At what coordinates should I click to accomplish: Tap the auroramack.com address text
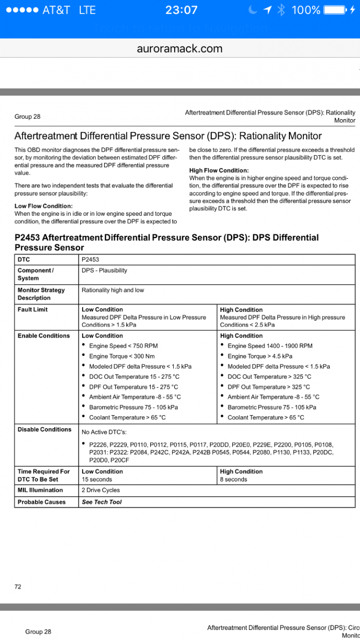point(180,49)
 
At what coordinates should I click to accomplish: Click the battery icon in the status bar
point(334,10)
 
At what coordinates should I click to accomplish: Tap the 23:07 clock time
point(181,10)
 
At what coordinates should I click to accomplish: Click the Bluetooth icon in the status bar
point(281,10)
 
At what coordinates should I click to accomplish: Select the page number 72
point(18,586)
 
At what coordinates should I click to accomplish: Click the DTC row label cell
point(24,259)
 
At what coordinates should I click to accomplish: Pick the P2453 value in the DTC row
point(91,259)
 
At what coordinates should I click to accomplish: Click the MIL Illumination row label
point(40,490)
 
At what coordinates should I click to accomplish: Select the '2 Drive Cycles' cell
point(101,490)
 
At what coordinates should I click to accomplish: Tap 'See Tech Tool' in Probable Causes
point(102,502)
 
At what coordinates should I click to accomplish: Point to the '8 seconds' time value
point(233,479)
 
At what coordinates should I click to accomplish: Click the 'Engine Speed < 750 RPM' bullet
point(123,346)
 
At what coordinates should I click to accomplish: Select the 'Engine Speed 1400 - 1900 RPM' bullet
point(270,346)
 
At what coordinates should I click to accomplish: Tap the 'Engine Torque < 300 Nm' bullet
point(122,356)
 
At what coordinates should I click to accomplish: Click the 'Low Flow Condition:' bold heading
point(44,206)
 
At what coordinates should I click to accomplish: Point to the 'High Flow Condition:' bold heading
point(219,171)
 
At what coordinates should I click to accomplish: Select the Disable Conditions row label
point(45,430)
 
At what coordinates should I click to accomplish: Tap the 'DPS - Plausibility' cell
point(104,270)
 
